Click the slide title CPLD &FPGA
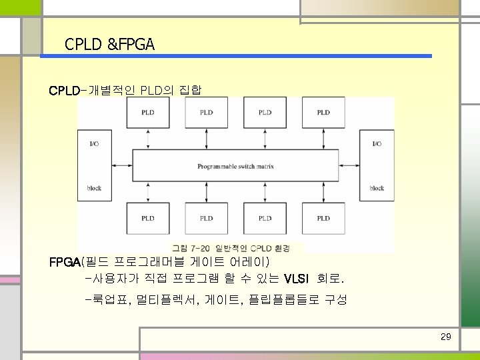(x=109, y=45)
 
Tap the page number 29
(x=446, y=337)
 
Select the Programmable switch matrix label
(x=235, y=166)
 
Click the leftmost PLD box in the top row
(x=148, y=113)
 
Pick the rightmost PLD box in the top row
(x=323, y=113)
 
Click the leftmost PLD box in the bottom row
(x=148, y=218)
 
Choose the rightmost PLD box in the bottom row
(x=323, y=218)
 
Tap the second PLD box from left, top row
(x=207, y=113)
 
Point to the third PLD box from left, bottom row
(x=265, y=218)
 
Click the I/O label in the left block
(x=94, y=143)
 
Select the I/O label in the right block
(x=377, y=143)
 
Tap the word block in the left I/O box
(x=94, y=189)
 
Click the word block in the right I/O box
(x=377, y=189)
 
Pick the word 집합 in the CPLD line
(x=191, y=89)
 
